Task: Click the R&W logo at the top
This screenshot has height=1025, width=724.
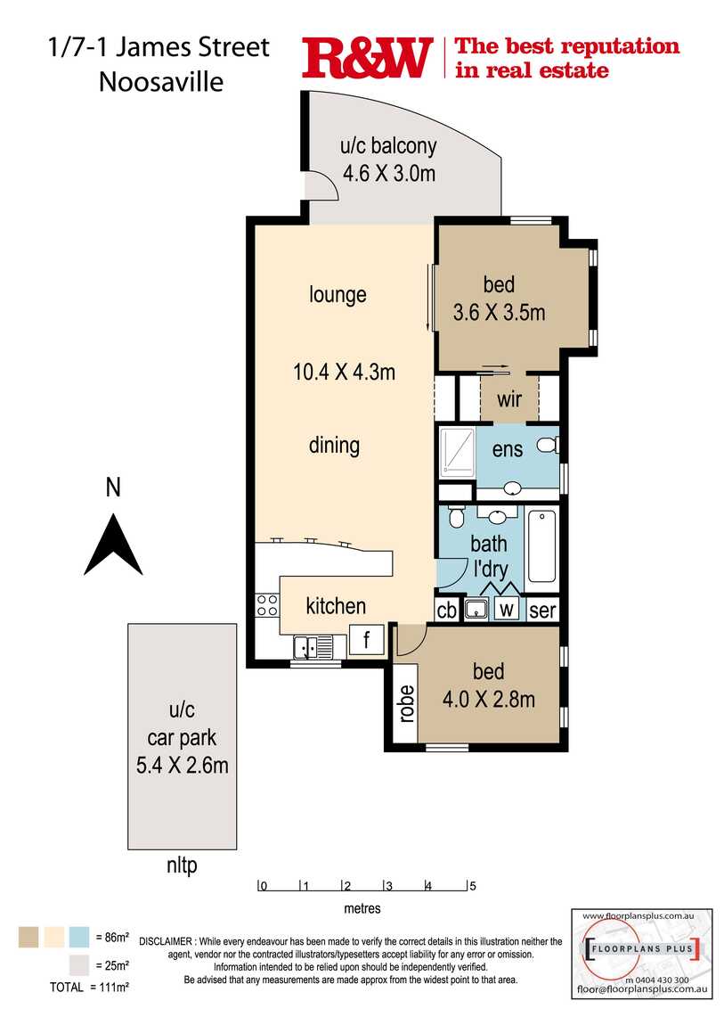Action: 367,58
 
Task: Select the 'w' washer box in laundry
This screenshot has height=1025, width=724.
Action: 506,611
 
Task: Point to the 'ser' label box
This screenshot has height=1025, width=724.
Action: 541,611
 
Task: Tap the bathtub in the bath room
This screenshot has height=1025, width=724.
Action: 541,545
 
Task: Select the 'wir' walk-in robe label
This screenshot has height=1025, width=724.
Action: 508,399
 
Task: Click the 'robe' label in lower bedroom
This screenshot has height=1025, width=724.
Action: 406,703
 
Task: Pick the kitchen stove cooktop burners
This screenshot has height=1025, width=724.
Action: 267,605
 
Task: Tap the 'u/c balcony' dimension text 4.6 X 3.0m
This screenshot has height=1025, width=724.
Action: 389,173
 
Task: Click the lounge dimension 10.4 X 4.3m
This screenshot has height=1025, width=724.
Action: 344,372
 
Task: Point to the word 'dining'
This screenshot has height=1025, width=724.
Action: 335,445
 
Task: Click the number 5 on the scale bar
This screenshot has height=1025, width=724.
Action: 473,886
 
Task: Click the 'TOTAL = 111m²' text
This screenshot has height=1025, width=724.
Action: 90,987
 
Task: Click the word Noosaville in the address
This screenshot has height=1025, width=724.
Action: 161,81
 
